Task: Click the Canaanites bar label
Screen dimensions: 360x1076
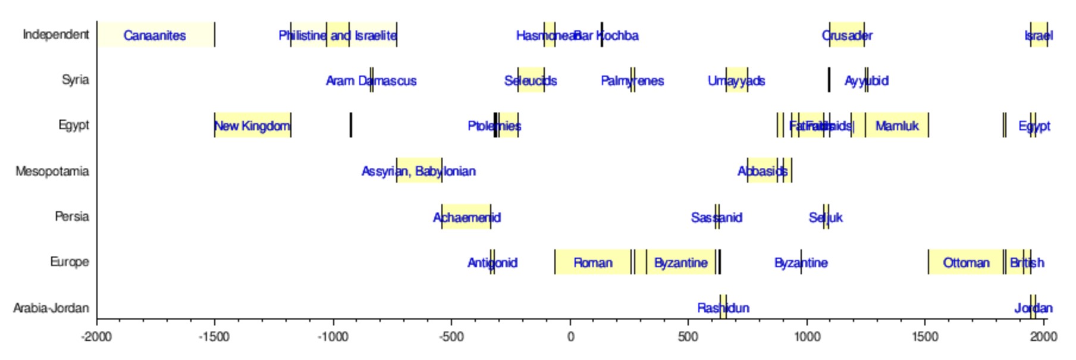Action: click(155, 36)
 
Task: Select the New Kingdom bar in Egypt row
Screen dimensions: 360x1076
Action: click(252, 126)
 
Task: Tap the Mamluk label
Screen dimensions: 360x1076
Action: click(897, 126)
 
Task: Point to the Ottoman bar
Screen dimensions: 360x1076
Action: click(965, 262)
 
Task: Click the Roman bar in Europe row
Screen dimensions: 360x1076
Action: click(592, 262)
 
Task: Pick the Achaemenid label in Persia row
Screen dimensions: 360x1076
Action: click(467, 218)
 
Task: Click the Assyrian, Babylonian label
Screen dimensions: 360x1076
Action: click(419, 171)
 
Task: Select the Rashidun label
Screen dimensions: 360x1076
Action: click(723, 308)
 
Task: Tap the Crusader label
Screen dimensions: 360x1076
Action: click(847, 36)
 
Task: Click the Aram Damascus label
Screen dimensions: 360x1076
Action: click(371, 81)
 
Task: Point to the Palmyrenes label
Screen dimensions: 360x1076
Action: click(632, 81)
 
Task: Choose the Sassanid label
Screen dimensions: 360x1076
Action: click(717, 218)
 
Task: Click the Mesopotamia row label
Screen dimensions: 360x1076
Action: click(52, 171)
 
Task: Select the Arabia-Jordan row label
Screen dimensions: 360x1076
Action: click(51, 308)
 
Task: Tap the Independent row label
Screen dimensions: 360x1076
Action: click(56, 35)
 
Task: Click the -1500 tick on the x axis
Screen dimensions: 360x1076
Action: click(214, 337)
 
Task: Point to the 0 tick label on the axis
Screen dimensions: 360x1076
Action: click(570, 337)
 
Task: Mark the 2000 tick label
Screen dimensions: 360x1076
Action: click(1044, 337)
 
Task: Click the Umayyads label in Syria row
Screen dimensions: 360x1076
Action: click(736, 81)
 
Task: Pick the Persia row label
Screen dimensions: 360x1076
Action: click(72, 217)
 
